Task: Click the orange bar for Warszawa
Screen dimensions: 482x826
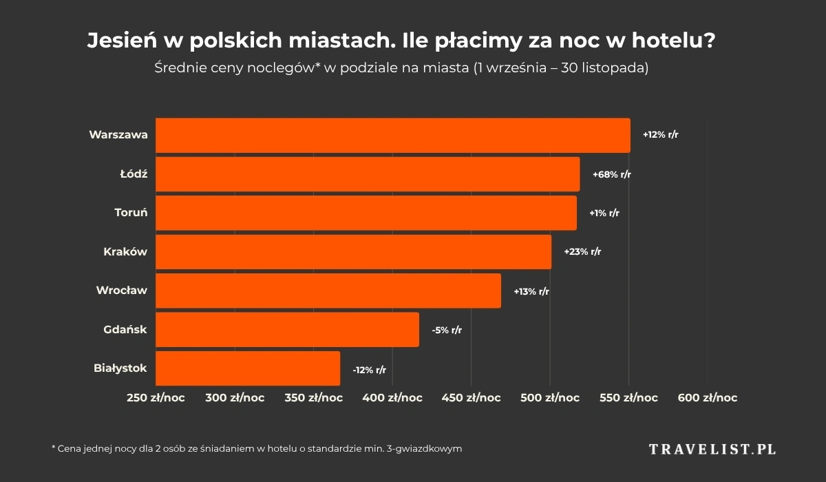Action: point(392,135)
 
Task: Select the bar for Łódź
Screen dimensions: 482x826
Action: point(368,174)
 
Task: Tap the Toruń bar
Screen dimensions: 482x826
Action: point(366,213)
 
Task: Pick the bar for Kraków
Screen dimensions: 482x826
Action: point(353,252)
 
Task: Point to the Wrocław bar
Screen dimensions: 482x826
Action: point(328,291)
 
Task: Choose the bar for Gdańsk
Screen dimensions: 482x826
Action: point(287,330)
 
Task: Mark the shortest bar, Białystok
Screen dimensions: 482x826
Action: point(248,368)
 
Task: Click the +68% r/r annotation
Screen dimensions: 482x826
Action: point(612,174)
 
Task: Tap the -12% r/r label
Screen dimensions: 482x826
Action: point(369,370)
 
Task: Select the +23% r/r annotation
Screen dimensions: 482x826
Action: point(582,252)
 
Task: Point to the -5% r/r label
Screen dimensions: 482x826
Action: point(447,331)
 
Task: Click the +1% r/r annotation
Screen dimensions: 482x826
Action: point(604,213)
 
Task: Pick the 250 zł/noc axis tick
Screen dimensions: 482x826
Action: point(156,398)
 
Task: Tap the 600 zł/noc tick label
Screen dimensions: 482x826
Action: point(707,398)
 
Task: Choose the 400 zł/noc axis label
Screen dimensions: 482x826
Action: point(392,398)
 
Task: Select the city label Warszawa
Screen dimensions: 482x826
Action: point(118,135)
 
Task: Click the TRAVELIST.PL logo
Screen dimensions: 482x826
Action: point(712,449)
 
